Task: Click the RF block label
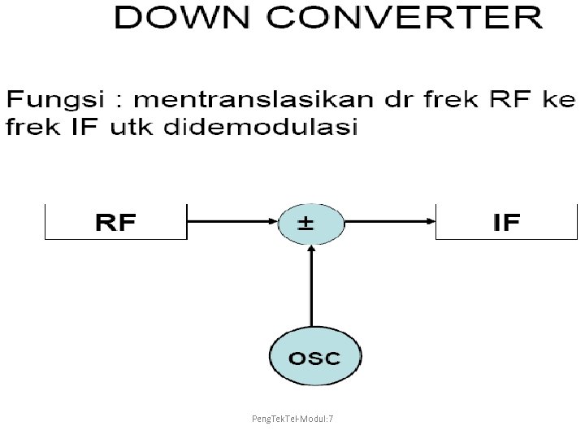[x=115, y=222]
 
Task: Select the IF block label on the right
[x=506, y=222]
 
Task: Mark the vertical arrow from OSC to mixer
[x=310, y=285]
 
